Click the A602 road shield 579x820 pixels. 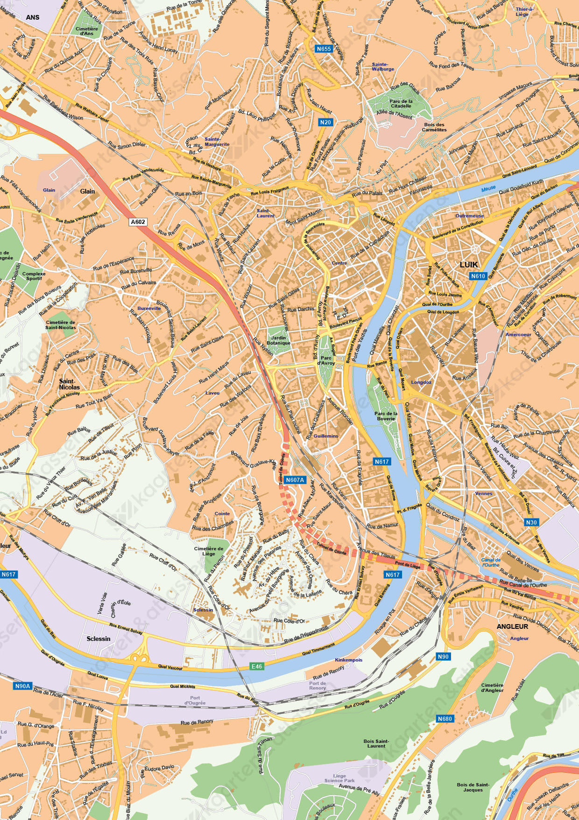138,222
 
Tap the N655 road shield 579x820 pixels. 324,49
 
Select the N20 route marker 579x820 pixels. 325,122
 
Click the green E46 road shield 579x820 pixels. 257,666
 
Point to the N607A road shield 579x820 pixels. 295,480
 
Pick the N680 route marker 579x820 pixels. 445,719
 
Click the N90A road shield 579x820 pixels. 22,686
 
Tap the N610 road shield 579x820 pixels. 478,276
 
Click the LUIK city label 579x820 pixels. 469,265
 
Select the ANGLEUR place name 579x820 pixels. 512,626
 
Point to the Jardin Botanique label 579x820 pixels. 278,340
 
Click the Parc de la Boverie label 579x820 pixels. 386,416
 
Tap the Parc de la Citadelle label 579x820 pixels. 401,103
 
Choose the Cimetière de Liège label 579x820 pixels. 209,551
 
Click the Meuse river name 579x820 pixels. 488,189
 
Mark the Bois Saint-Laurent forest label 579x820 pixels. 376,743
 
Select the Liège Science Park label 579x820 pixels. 339,778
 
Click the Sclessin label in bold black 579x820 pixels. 99,639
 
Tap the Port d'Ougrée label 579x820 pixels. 195,700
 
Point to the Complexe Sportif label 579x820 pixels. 34,276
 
